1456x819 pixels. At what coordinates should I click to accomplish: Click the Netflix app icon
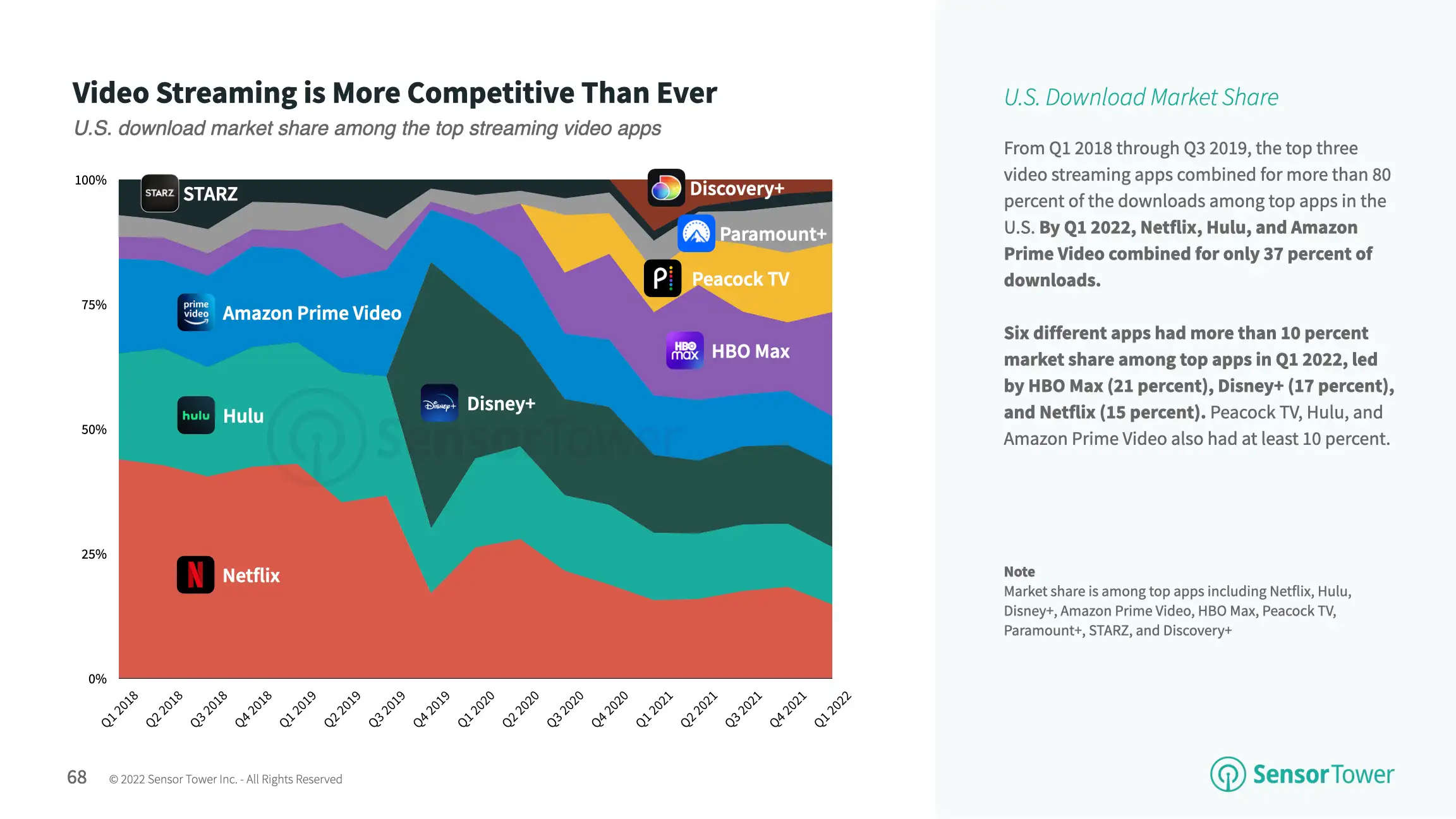(195, 574)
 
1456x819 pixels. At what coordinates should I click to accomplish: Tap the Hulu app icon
(196, 415)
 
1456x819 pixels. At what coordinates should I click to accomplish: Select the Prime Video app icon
(196, 312)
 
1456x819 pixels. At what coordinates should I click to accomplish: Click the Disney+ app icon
(439, 403)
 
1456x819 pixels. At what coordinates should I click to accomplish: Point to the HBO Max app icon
(684, 351)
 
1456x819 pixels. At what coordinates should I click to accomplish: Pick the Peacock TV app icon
(662, 278)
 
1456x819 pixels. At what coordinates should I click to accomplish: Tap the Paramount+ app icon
(696, 233)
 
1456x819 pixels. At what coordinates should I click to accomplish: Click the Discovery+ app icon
(666, 188)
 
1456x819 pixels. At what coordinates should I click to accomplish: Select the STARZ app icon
(159, 193)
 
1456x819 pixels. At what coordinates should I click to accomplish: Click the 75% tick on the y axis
(94, 305)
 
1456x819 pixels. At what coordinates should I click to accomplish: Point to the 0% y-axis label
(97, 679)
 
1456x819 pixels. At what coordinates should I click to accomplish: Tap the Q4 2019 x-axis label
(432, 709)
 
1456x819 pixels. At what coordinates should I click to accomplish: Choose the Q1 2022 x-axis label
(832, 709)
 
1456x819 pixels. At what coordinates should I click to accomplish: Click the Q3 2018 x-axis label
(209, 709)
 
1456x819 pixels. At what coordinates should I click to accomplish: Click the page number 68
(76, 777)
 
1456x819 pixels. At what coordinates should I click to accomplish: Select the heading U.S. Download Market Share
(1141, 97)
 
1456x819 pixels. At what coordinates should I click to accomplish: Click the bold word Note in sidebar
(1019, 571)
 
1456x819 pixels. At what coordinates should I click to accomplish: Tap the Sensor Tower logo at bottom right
(1302, 774)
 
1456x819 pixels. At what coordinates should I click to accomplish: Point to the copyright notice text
(226, 779)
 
